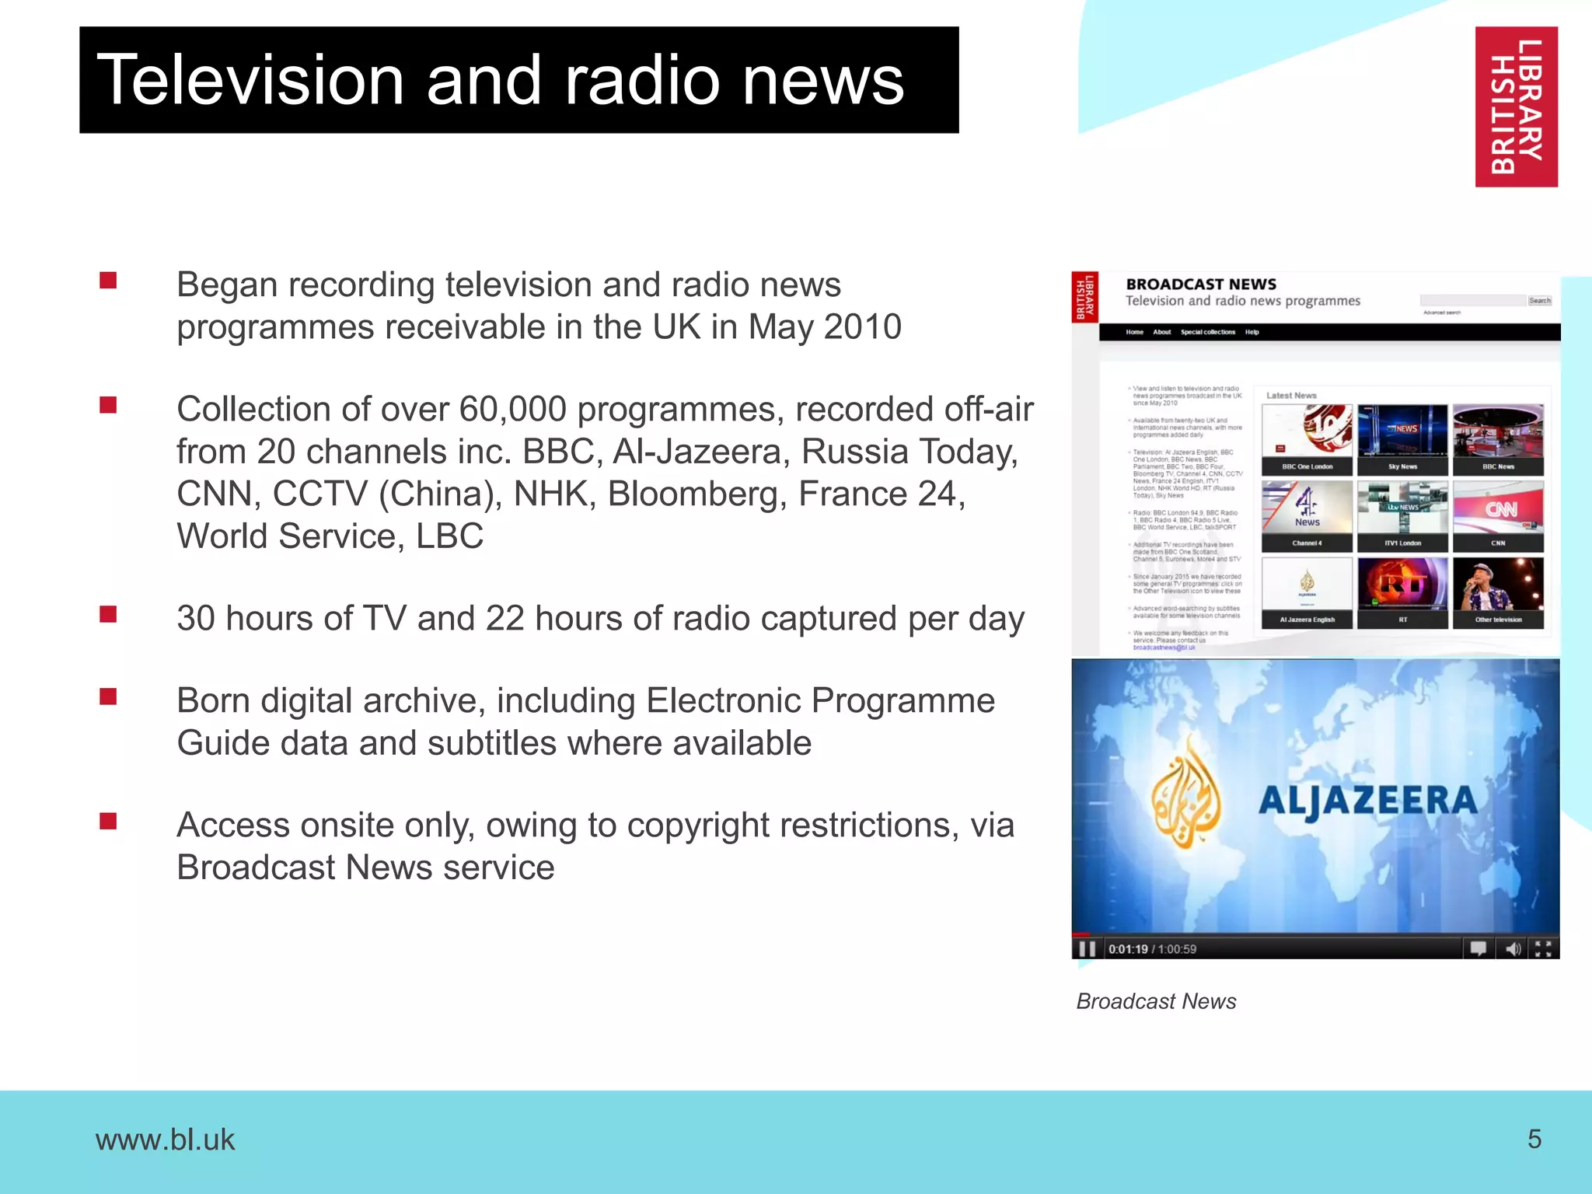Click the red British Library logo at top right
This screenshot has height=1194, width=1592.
coord(1516,106)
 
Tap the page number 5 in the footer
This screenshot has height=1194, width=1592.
coord(1534,1139)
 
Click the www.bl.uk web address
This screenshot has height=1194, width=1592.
coord(165,1140)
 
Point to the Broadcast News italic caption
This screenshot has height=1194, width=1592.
coord(1156,1001)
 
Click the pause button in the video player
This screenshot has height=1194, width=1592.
coord(1087,948)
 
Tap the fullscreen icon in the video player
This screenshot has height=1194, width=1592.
coord(1543,948)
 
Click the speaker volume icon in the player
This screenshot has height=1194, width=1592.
coord(1513,948)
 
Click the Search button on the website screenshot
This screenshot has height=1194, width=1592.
coord(1539,300)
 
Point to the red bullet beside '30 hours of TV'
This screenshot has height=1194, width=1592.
coord(108,615)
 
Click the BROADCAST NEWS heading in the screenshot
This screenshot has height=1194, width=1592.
coord(1201,284)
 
